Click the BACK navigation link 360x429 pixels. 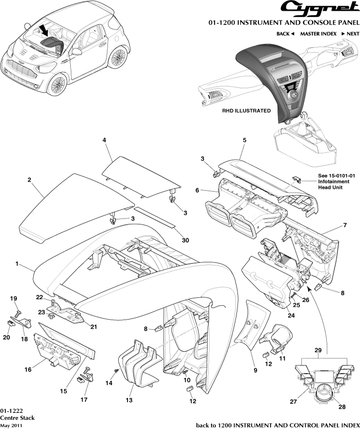click(285, 34)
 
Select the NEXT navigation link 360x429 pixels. click(350, 34)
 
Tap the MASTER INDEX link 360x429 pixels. click(318, 34)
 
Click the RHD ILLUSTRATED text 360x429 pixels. click(246, 111)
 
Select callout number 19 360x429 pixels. click(14, 299)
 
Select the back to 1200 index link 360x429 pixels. click(277, 424)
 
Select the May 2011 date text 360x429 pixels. click(10, 425)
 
